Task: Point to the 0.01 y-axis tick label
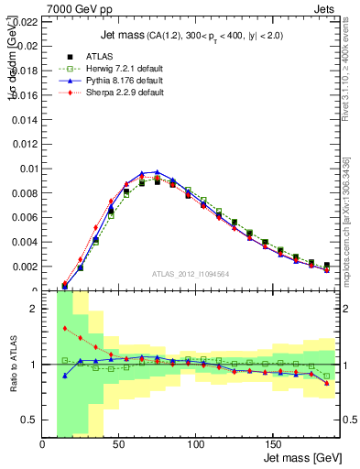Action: pos(28,169)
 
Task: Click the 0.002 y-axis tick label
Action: pos(25,267)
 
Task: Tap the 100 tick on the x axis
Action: pos(194,444)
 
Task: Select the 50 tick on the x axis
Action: pos(118,444)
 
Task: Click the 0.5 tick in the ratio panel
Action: pos(29,420)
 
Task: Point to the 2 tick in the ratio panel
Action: pos(35,309)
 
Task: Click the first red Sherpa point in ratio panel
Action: pos(65,328)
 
